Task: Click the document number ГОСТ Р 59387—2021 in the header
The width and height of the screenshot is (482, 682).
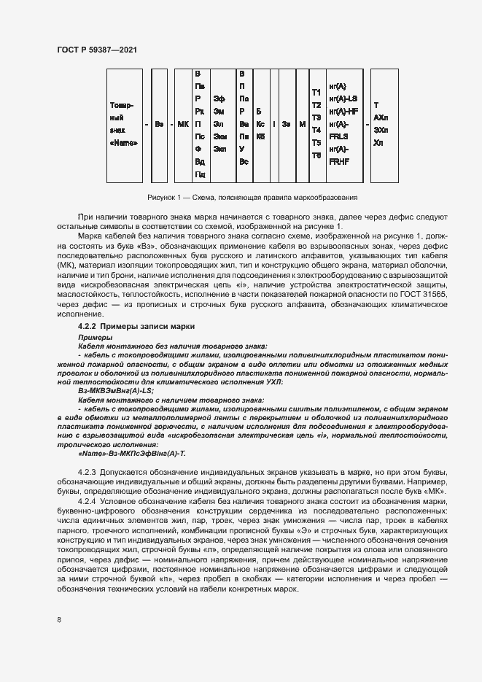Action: pos(96,49)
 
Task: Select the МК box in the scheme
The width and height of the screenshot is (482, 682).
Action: pos(183,124)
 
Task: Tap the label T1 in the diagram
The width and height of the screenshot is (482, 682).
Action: pos(316,93)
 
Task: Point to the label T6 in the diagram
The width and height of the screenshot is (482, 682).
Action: pos(316,155)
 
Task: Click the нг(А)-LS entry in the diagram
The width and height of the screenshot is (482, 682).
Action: pos(343,98)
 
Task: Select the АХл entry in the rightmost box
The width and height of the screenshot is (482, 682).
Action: pos(381,117)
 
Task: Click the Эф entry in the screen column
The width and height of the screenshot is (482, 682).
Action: pos(219,98)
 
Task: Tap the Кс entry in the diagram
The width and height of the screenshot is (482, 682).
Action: pos(261,124)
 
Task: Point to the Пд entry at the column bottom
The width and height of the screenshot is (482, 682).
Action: pos(199,174)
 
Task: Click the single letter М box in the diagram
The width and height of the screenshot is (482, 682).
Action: pos(301,124)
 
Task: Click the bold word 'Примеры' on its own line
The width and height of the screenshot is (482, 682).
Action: pos(92,338)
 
